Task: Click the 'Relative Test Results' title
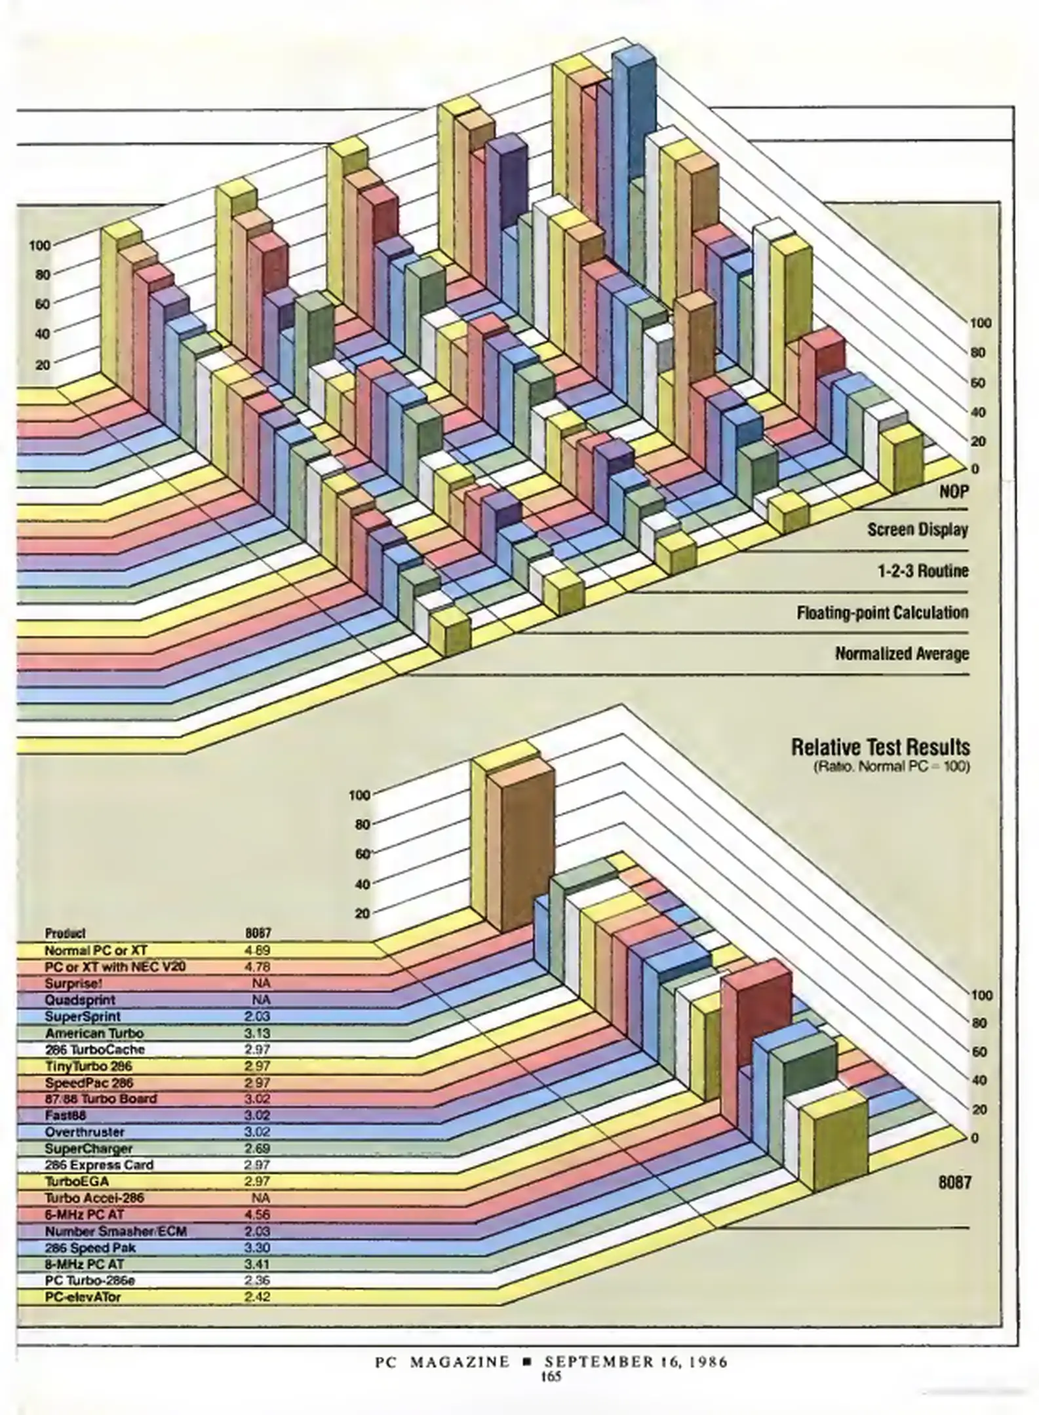click(880, 747)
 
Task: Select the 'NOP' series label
click(954, 492)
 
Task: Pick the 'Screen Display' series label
click(918, 529)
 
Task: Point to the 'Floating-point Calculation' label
click(882, 613)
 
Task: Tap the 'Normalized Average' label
click(902, 653)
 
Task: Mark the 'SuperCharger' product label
click(88, 1148)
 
